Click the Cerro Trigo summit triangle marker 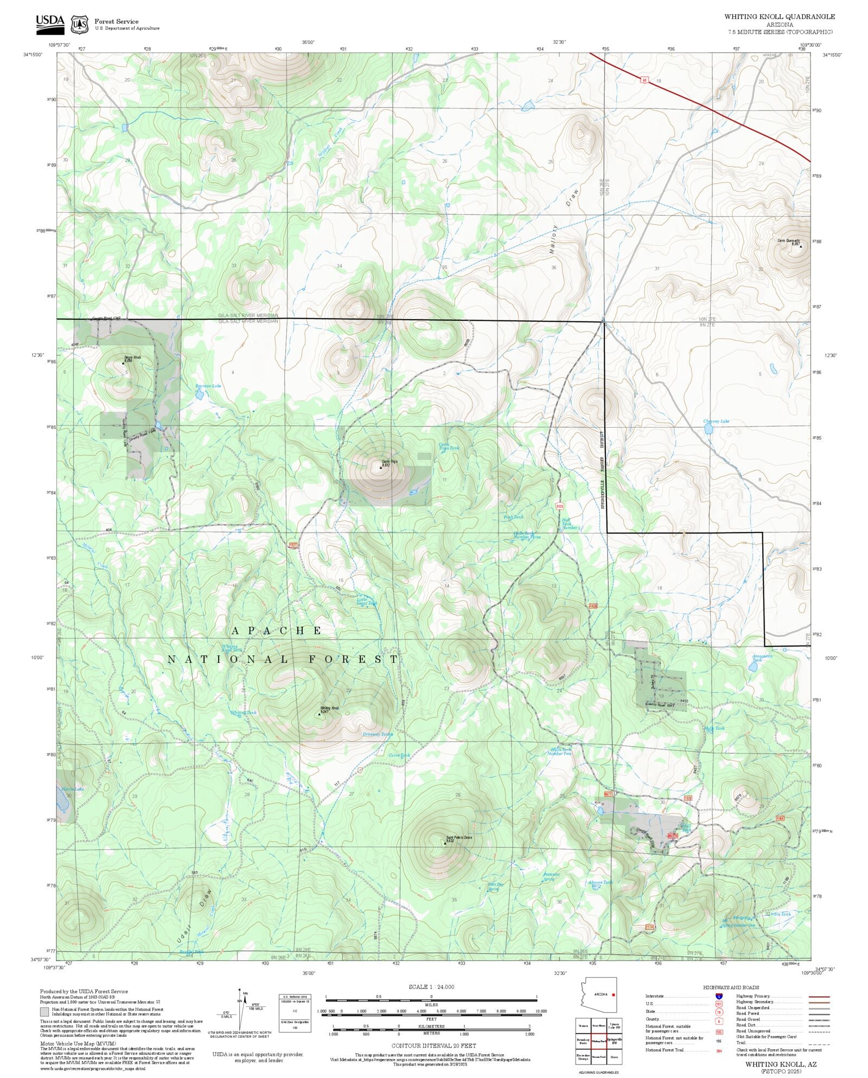click(x=381, y=467)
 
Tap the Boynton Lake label click(x=208, y=386)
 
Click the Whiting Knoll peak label click(x=329, y=708)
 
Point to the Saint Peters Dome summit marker click(x=445, y=843)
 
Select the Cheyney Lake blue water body click(x=708, y=429)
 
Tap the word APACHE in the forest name click(x=277, y=630)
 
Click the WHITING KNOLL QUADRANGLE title click(x=780, y=17)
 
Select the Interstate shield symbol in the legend click(x=719, y=997)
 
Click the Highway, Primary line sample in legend click(x=819, y=997)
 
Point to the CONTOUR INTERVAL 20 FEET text click(x=433, y=1045)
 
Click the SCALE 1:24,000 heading click(x=431, y=986)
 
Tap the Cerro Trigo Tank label click(x=449, y=446)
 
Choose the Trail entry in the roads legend click(x=741, y=1043)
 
